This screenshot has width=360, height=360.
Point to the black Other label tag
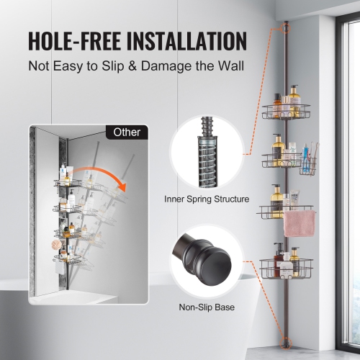[127, 132]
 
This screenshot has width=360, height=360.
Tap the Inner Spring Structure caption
[207, 198]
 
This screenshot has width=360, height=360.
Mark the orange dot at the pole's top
[286, 30]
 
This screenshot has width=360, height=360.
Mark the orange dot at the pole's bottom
[287, 341]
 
